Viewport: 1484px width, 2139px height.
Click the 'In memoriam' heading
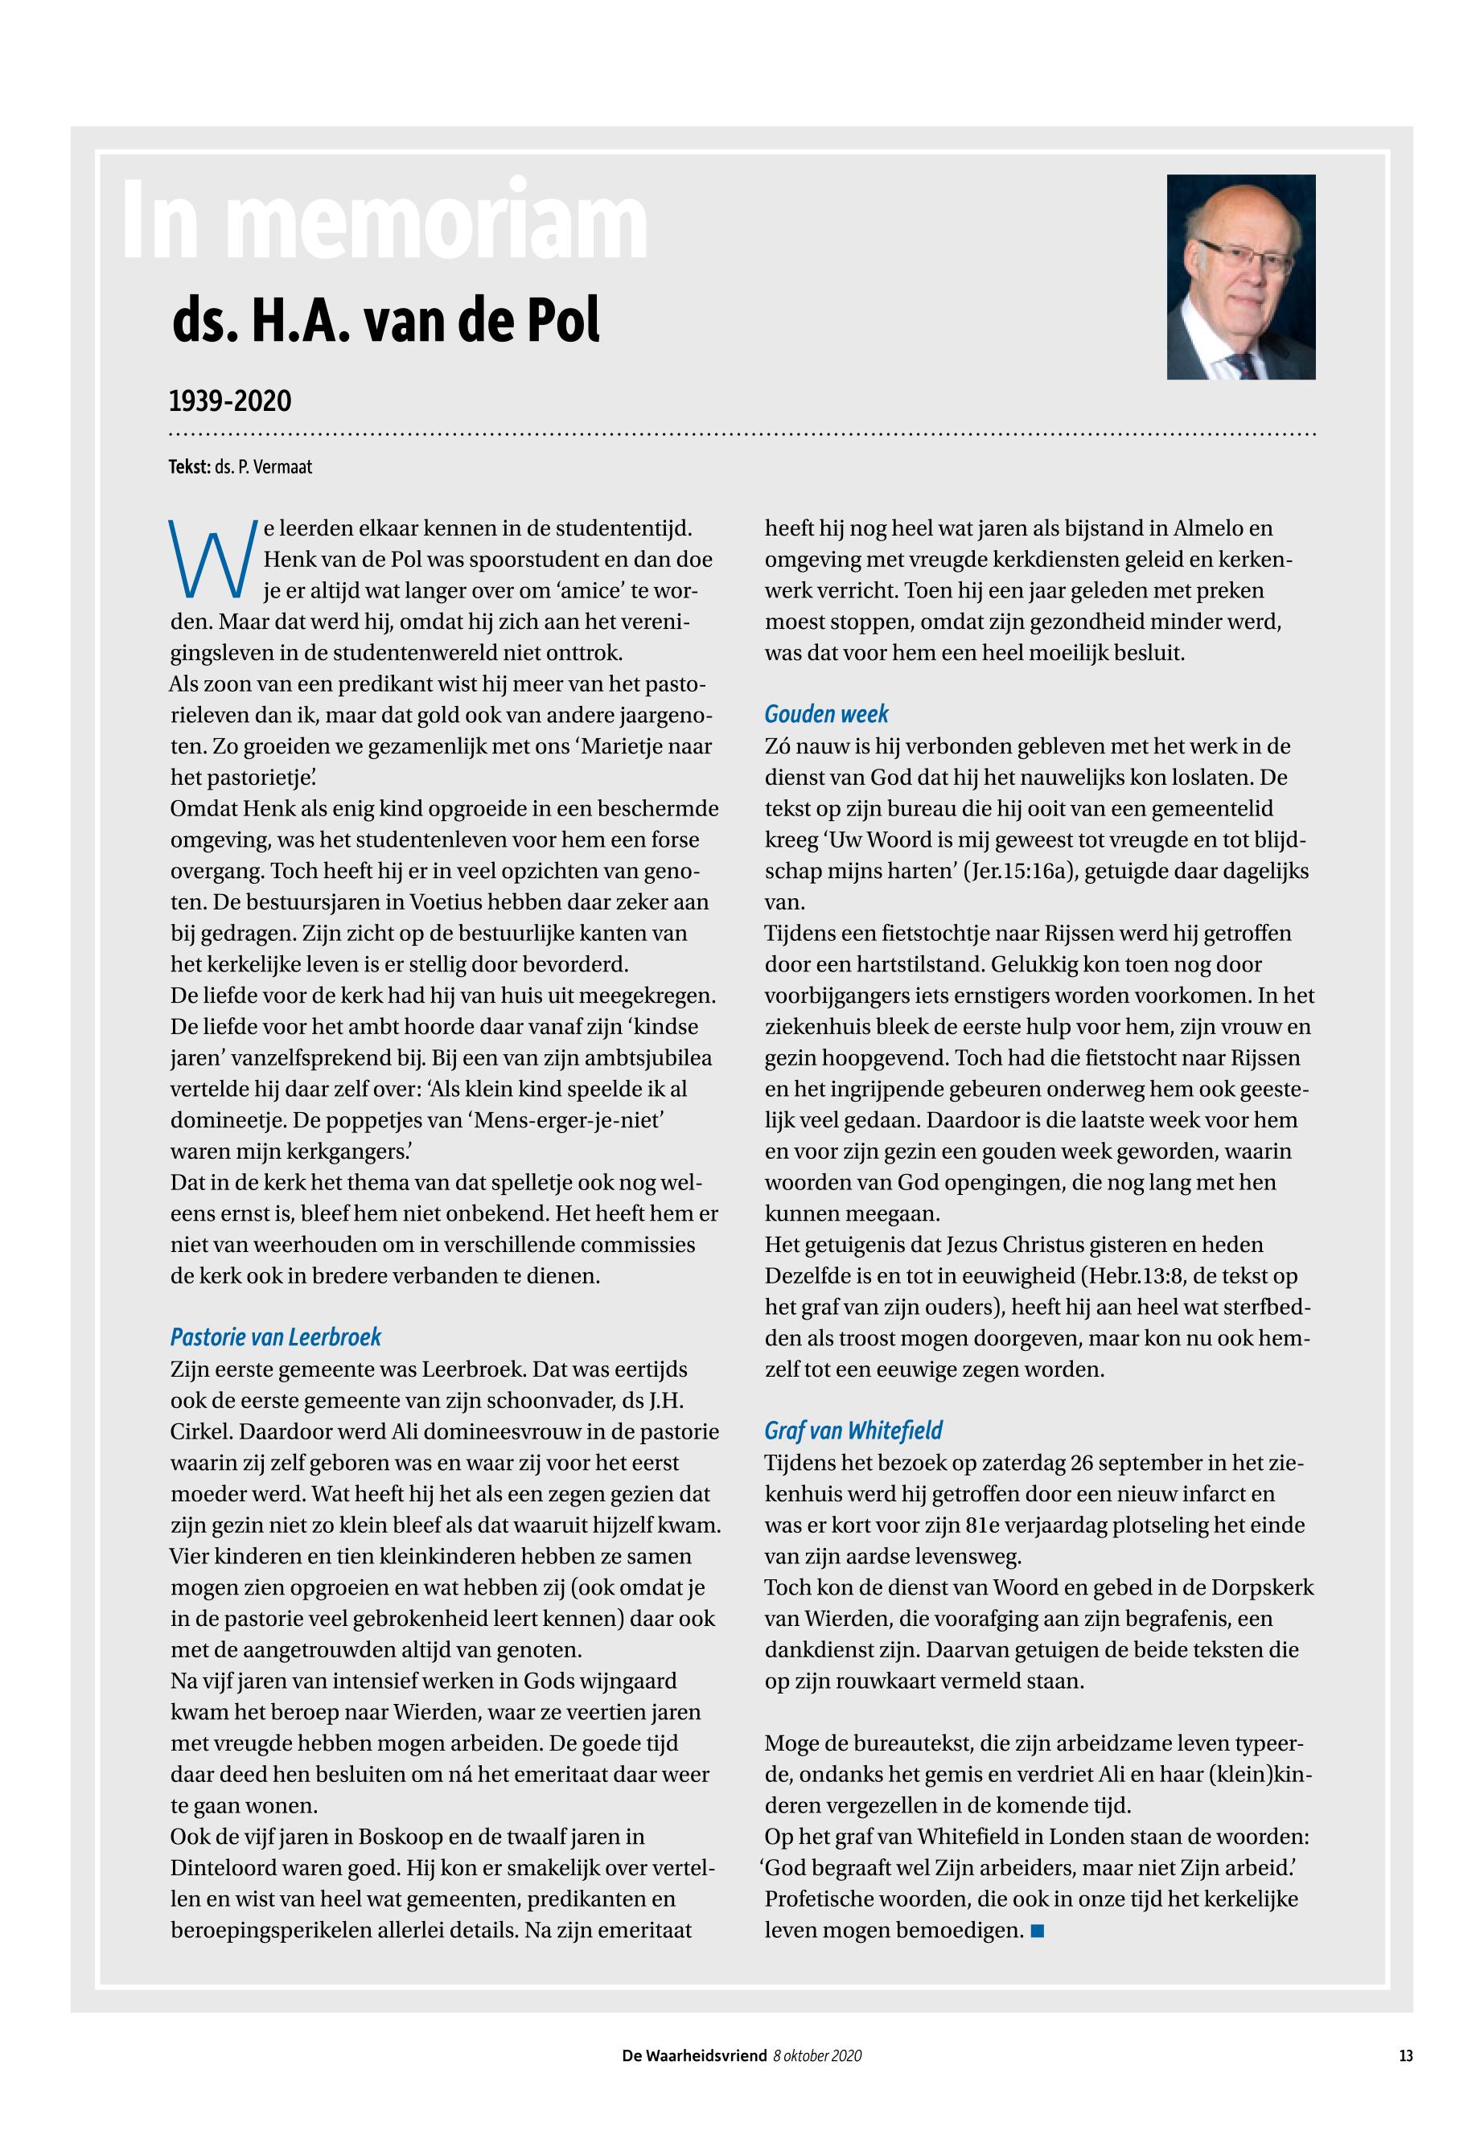click(384, 221)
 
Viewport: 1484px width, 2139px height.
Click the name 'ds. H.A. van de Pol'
click(386, 321)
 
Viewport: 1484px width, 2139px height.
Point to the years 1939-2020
click(230, 401)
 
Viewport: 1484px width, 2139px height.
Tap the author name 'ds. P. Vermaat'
click(263, 467)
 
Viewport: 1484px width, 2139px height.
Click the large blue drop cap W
click(211, 560)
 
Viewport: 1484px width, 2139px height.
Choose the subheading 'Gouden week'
click(826, 714)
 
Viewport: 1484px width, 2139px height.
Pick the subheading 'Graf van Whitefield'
click(853, 1430)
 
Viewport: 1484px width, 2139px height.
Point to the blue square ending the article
click(1038, 1931)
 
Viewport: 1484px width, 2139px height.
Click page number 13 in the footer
click(1405, 2055)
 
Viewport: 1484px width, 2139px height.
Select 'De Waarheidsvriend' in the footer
click(693, 2056)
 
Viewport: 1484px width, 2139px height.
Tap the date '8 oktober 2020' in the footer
click(816, 2056)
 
